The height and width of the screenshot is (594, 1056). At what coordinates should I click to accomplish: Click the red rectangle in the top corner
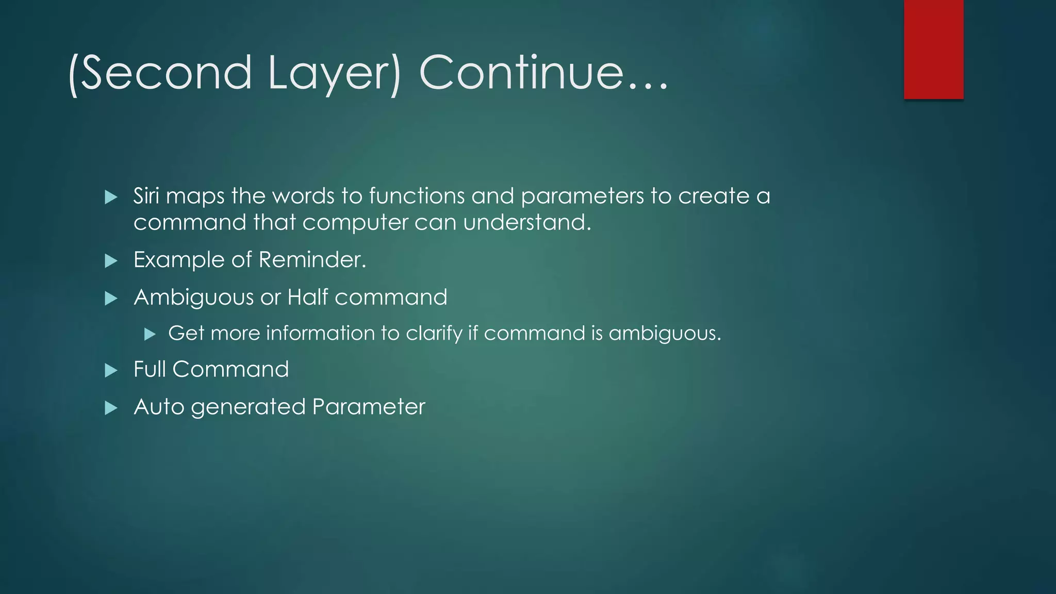tap(933, 49)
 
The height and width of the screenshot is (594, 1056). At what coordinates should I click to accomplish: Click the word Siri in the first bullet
tap(146, 196)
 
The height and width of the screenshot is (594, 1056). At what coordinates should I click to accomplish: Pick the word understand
tap(526, 223)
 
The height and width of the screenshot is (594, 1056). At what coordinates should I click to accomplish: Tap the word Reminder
tap(311, 259)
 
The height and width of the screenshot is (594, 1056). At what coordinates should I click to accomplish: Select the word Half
tap(307, 297)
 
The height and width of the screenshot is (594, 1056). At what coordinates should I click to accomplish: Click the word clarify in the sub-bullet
tap(434, 334)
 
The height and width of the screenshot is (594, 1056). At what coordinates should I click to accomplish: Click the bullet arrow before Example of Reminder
tap(111, 261)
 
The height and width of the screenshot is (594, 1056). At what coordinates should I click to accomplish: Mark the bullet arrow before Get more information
tap(150, 335)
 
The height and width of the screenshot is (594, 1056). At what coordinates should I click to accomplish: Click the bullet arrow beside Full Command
tap(111, 371)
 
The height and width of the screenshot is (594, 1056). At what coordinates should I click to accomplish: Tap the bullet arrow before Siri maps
tap(111, 197)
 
